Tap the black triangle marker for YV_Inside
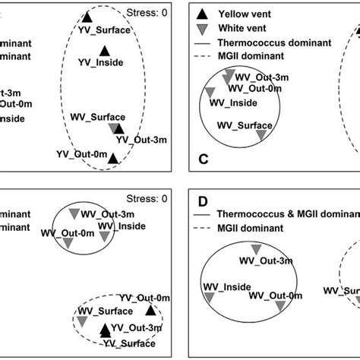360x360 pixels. (x=104, y=51)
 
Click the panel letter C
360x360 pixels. (x=203, y=159)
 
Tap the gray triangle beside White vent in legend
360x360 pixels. (x=201, y=29)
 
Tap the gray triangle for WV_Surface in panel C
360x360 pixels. (x=261, y=134)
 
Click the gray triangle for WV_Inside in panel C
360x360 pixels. (x=210, y=92)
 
